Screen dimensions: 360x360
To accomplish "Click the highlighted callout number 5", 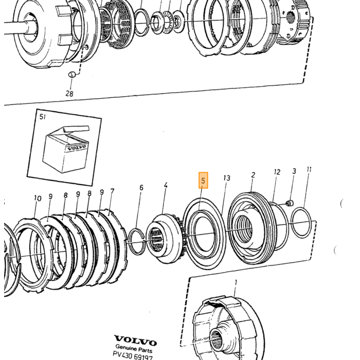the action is tap(203, 180).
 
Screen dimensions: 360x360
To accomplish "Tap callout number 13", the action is tap(227, 178).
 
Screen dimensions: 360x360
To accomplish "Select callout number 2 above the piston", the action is tap(253, 175).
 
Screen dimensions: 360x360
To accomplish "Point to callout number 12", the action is tap(277, 172).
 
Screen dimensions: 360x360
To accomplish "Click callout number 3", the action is tap(294, 171).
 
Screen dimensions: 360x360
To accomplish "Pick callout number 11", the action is tap(309, 169).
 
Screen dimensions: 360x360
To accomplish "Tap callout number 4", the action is tap(166, 185).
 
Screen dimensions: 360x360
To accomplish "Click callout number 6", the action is tap(141, 188).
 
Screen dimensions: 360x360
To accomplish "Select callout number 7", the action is tap(112, 191).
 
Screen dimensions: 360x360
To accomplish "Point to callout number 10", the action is tap(38, 198).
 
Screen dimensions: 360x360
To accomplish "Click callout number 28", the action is tap(69, 94).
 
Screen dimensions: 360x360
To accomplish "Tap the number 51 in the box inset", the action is tap(43, 117).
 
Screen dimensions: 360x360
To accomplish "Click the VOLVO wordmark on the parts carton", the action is tap(77, 148).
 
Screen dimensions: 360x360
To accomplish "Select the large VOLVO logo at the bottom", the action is tap(135, 340).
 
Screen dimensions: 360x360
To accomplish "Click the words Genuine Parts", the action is tap(134, 349).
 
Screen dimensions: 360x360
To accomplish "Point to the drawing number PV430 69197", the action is tap(133, 356).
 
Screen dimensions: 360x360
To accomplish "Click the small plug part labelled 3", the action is tap(290, 203).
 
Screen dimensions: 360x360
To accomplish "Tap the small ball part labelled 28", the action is tap(72, 75).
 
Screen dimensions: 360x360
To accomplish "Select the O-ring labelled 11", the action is tap(301, 223).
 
